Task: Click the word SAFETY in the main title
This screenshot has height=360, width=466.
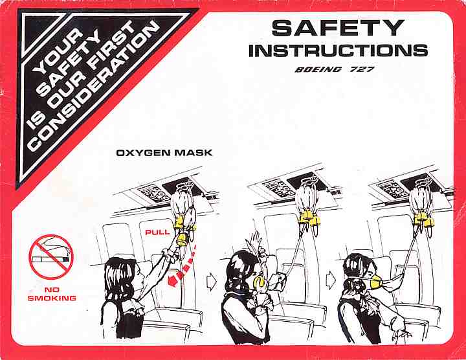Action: pos(338,28)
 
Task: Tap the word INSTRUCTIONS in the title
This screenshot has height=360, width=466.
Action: pos(338,51)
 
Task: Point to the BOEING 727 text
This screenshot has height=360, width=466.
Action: pos(335,69)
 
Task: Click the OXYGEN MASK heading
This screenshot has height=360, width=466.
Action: pos(164,153)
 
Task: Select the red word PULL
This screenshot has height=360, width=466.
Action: pos(157,232)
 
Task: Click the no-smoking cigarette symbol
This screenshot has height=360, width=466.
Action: pos(51,257)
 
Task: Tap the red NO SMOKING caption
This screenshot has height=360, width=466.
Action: pos(52,294)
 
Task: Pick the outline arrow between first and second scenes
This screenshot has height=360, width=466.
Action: pos(212,282)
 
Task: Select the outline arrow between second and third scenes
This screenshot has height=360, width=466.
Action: pos(331,280)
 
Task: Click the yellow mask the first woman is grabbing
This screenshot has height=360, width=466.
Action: pos(182,240)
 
